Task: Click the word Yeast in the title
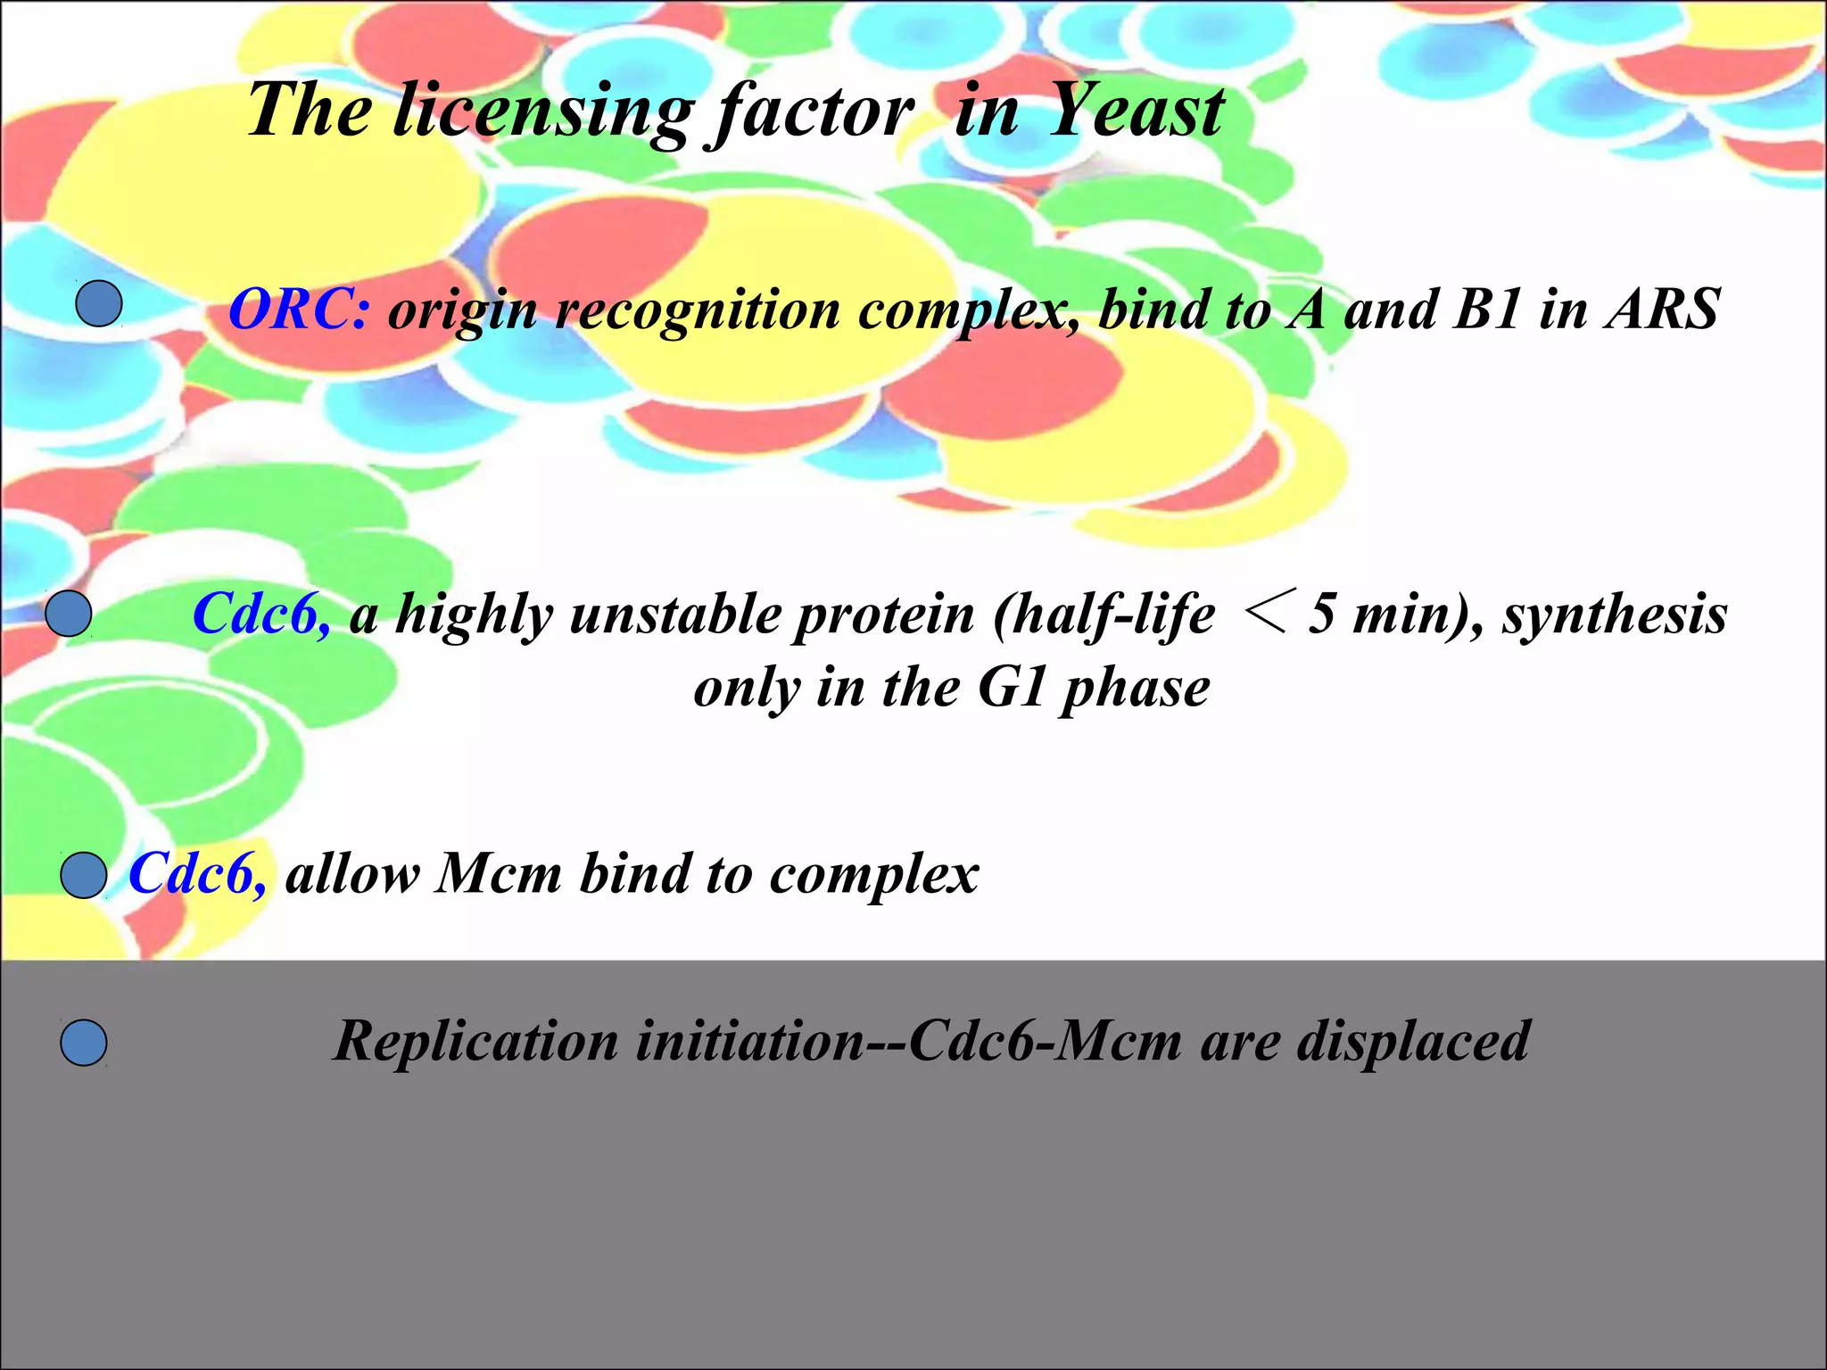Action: (x=1136, y=111)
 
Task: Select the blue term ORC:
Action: (x=298, y=310)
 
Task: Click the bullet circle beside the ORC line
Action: (x=99, y=303)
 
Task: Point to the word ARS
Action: (x=1663, y=309)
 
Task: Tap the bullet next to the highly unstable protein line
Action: (x=69, y=615)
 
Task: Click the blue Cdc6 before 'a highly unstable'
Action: (x=261, y=615)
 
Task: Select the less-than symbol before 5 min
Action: (x=1263, y=615)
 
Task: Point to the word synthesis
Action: (x=1614, y=615)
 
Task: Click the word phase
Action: (x=1135, y=689)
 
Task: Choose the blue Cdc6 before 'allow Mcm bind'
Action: (x=197, y=873)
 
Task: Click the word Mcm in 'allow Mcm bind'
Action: (x=499, y=873)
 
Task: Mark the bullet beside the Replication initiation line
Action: (x=84, y=1043)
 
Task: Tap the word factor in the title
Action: (x=810, y=112)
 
